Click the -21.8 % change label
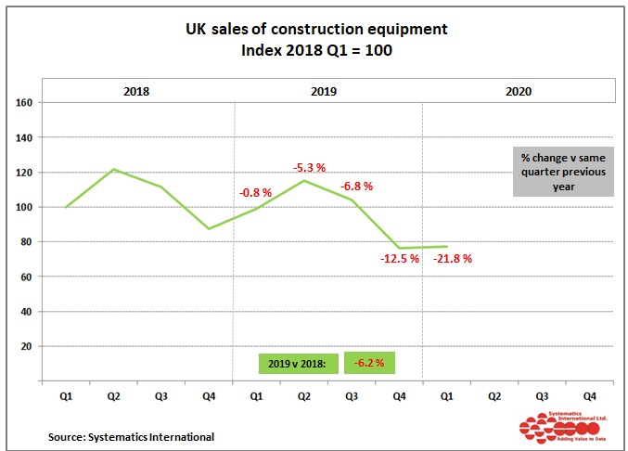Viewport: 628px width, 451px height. [x=453, y=259]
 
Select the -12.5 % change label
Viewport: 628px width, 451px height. [x=401, y=259]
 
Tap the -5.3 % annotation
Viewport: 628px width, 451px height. [x=309, y=168]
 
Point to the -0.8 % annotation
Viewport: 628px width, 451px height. [x=255, y=193]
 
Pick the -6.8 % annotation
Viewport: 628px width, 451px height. [x=356, y=187]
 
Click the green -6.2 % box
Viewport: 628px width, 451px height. [x=369, y=363]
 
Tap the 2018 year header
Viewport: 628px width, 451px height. [x=136, y=92]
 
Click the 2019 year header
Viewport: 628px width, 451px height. [x=324, y=92]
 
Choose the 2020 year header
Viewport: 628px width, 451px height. [x=519, y=92]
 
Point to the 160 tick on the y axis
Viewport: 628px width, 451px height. [x=25, y=103]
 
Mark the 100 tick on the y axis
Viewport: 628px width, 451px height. [x=25, y=207]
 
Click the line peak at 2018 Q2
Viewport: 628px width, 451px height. [x=113, y=169]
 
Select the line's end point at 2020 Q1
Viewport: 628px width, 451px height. [x=447, y=247]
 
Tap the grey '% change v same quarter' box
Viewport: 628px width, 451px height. [x=562, y=171]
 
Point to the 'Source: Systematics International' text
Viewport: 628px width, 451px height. [x=132, y=436]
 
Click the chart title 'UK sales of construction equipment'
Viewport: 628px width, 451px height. [x=316, y=30]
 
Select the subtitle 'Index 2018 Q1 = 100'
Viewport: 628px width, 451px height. [x=316, y=51]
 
